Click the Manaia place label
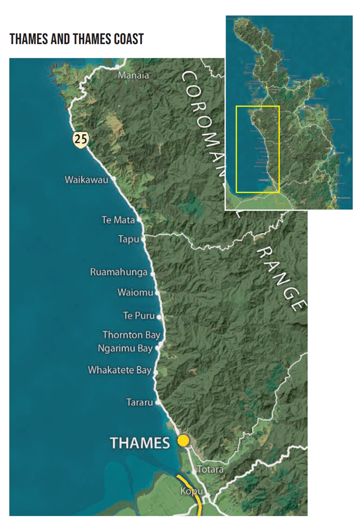tap(133, 75)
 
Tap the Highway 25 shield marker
tap(80, 139)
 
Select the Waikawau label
tap(86, 180)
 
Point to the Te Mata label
tap(118, 220)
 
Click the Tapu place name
tap(128, 239)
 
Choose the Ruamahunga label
tap(119, 272)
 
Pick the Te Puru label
tap(139, 315)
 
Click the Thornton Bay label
tap(131, 335)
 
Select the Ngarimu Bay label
tap(125, 349)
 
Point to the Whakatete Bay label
tap(119, 370)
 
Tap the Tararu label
tap(140, 402)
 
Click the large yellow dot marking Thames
tap(183, 441)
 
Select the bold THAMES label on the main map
tap(140, 443)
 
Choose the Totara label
tap(211, 469)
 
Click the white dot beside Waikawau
tap(114, 179)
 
